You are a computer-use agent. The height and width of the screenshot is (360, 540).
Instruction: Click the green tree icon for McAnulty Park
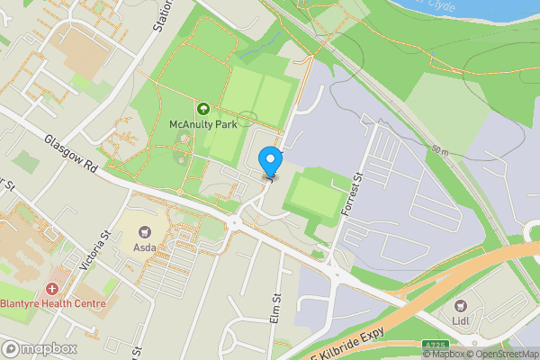tap(203, 110)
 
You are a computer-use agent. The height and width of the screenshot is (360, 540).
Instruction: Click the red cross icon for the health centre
tap(52, 289)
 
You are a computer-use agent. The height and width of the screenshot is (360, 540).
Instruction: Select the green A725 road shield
tap(435, 345)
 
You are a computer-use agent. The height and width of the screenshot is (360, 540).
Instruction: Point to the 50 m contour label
tap(438, 148)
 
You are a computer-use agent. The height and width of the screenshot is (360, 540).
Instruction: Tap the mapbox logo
tap(38, 348)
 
